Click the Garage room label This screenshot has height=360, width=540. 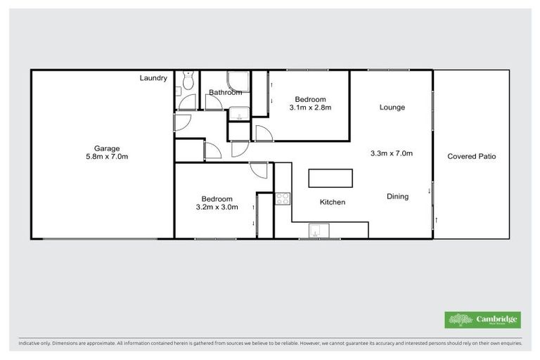point(107,148)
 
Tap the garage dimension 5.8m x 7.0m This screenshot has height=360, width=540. point(107,157)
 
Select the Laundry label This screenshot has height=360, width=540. point(153,78)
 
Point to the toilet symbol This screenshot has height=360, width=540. point(186,82)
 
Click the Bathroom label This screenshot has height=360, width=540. point(225,92)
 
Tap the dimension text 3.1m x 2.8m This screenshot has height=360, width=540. point(309,108)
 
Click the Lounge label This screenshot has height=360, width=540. point(392,108)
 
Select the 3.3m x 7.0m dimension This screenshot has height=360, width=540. point(391,153)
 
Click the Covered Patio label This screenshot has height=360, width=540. point(471,156)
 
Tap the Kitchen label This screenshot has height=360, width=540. point(333,202)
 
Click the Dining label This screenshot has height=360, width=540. point(397,197)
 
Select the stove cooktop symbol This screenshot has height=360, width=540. point(283,198)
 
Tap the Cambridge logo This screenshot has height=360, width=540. point(483,320)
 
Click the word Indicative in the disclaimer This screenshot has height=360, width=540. point(31,344)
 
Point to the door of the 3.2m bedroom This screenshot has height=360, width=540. point(259,169)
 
